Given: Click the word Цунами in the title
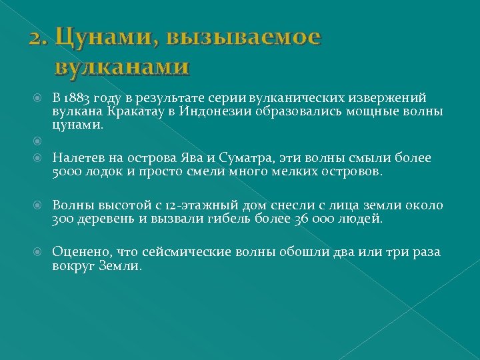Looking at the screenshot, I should (96, 37).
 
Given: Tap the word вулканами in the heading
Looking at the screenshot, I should (122, 67).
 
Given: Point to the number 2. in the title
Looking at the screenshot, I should (38, 38).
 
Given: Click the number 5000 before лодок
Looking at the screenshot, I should (65, 172).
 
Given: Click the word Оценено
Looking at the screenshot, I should (81, 252).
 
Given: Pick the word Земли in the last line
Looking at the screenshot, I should (120, 265).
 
